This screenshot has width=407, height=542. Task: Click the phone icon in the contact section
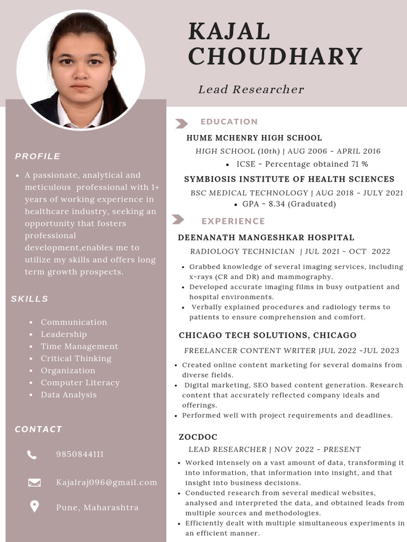click(x=32, y=454)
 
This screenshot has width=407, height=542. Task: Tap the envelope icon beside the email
click(x=34, y=482)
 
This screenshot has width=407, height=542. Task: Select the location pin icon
click(x=34, y=507)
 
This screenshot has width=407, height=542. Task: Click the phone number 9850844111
click(x=79, y=454)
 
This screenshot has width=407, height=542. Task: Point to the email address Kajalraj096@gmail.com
click(x=107, y=482)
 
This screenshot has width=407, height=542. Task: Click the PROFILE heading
click(x=38, y=156)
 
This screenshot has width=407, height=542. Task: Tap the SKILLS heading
click(x=30, y=299)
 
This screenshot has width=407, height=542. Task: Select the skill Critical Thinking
click(x=76, y=358)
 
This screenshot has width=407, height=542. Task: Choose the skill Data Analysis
click(x=68, y=395)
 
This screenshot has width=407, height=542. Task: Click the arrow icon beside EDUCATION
click(x=181, y=123)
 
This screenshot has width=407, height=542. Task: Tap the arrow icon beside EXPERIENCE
click(x=178, y=220)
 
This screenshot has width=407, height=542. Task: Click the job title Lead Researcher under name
click(x=251, y=89)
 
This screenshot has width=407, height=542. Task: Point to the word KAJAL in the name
click(x=229, y=32)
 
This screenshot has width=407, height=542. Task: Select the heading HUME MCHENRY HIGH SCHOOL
click(x=254, y=138)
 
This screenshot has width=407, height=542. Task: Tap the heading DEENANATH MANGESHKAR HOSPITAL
click(x=266, y=238)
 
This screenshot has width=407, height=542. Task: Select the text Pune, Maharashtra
click(x=97, y=507)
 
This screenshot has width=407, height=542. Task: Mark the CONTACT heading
click(x=38, y=429)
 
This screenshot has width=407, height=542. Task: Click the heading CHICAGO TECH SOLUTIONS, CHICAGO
click(x=268, y=335)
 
